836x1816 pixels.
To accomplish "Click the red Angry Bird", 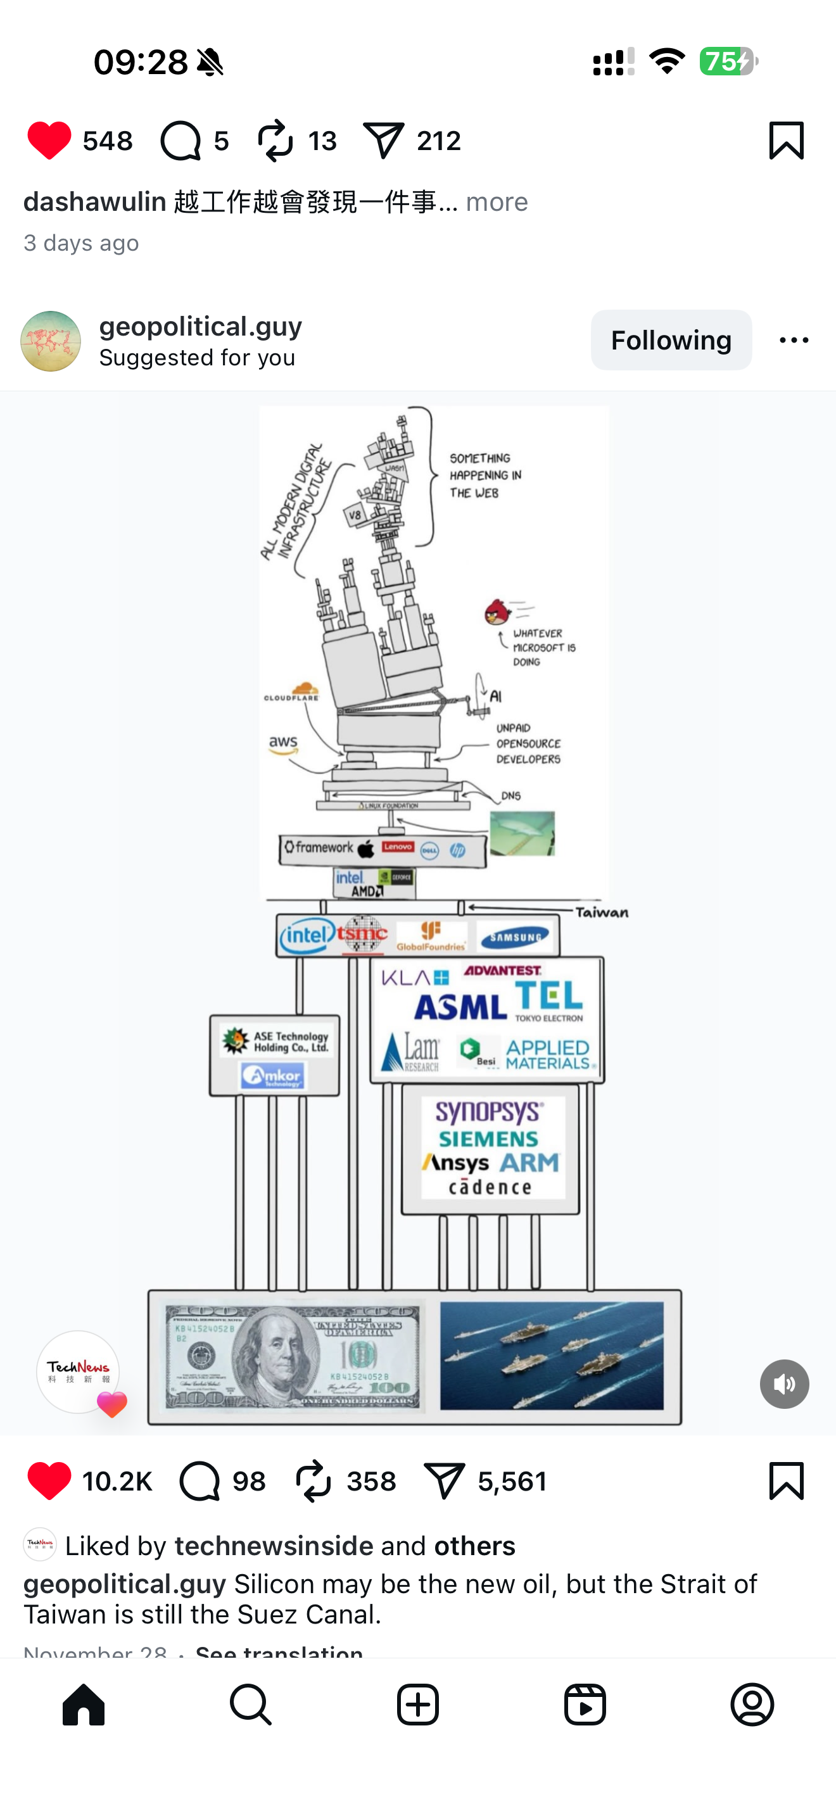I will tap(497, 612).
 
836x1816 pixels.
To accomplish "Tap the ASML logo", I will tap(460, 1007).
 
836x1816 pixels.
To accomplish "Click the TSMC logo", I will tap(362, 934).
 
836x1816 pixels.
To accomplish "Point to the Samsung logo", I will tap(516, 937).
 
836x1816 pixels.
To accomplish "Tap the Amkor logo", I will tap(272, 1076).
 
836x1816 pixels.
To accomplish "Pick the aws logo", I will tap(283, 745).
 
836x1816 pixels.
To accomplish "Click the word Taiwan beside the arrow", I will tap(601, 912).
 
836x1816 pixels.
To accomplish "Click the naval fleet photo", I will tap(551, 1355).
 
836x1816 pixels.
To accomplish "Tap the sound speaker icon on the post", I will tap(784, 1384).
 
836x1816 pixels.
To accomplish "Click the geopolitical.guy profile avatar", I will tap(51, 341).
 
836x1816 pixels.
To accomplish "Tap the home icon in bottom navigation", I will tap(83, 1705).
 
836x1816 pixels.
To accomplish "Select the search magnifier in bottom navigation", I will tap(250, 1705).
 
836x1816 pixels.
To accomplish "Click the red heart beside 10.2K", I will tap(49, 1480).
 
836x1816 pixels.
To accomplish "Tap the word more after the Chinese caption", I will tap(497, 203).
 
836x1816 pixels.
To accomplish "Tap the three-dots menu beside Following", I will tap(794, 341).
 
